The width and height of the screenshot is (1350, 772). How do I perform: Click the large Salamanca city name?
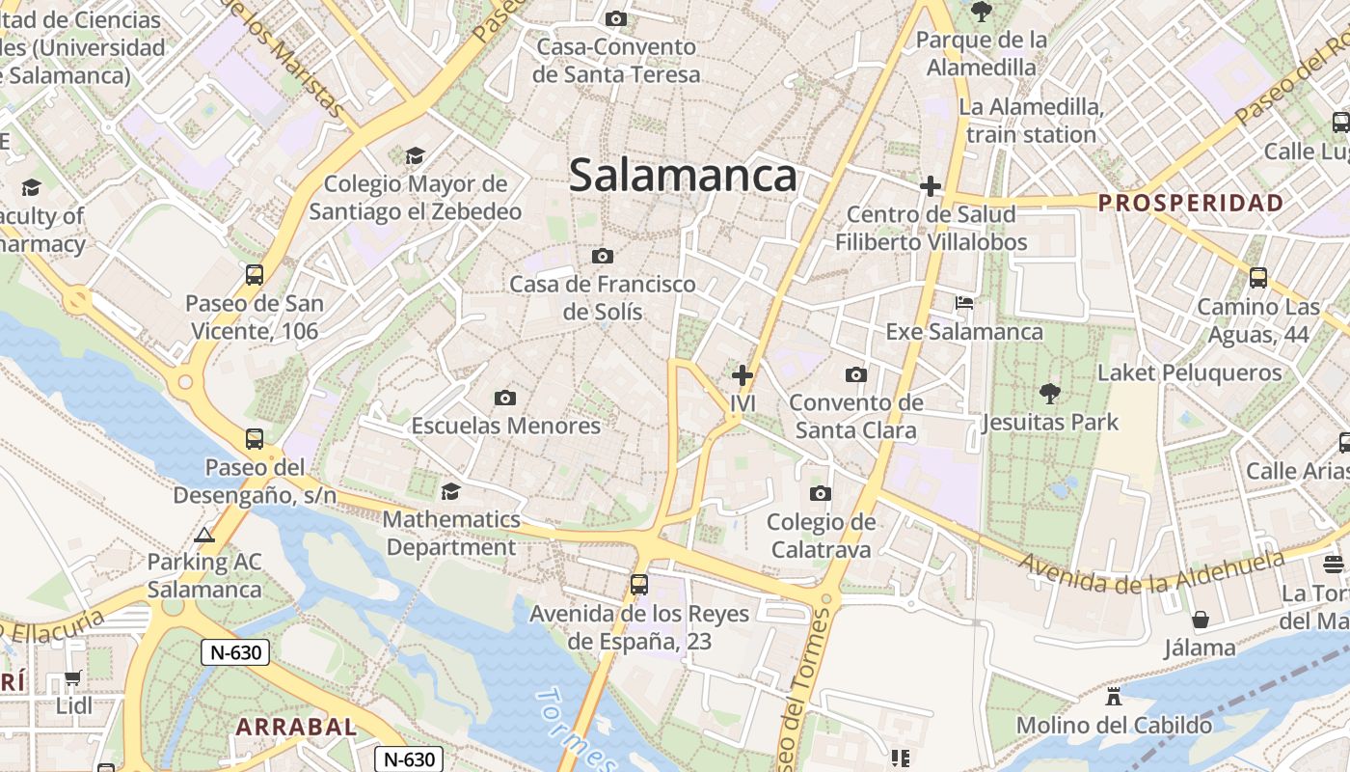pyautogui.click(x=683, y=176)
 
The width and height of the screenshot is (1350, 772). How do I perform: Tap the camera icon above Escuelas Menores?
pyautogui.click(x=504, y=398)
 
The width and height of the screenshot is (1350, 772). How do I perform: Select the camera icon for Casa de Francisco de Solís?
pyautogui.click(x=603, y=256)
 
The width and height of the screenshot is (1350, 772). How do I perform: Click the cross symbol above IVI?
pyautogui.click(x=742, y=375)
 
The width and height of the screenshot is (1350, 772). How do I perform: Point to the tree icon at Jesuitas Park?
pyautogui.click(x=1050, y=393)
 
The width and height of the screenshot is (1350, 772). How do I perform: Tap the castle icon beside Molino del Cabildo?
pyautogui.click(x=1114, y=696)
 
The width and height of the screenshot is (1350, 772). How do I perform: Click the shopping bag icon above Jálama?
pyautogui.click(x=1201, y=619)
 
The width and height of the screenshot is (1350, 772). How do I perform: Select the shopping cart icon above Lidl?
pyautogui.click(x=73, y=677)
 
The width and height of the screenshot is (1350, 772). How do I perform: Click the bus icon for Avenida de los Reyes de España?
pyautogui.click(x=638, y=584)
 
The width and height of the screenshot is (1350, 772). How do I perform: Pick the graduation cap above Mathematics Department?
pyautogui.click(x=450, y=492)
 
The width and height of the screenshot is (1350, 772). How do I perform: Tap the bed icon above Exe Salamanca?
pyautogui.click(x=964, y=303)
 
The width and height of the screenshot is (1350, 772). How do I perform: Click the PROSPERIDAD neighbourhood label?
pyautogui.click(x=1191, y=203)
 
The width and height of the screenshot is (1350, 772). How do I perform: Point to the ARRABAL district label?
pyautogui.click(x=296, y=727)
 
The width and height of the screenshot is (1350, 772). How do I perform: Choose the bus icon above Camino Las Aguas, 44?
pyautogui.click(x=1258, y=278)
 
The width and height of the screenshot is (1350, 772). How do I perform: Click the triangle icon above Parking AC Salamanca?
pyautogui.click(x=204, y=535)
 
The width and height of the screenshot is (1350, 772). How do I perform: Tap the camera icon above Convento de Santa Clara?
pyautogui.click(x=855, y=374)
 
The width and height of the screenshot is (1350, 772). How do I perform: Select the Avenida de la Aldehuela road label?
pyautogui.click(x=1152, y=571)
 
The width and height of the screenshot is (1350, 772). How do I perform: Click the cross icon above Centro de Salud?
pyautogui.click(x=931, y=185)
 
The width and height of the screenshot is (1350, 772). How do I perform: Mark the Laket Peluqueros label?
pyautogui.click(x=1190, y=372)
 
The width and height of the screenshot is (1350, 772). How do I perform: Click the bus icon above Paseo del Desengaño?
pyautogui.click(x=255, y=439)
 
